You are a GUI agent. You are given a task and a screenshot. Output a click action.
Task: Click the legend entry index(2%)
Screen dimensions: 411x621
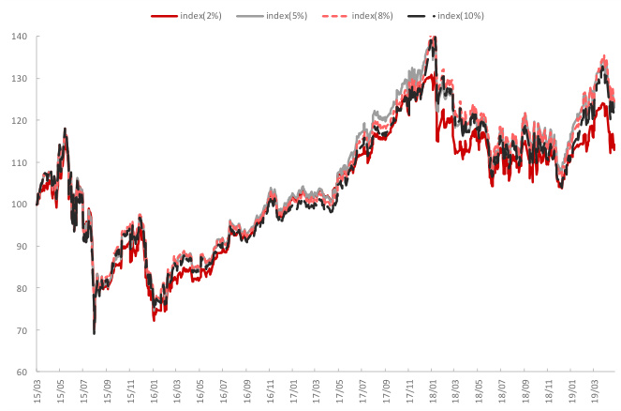pos(200,16)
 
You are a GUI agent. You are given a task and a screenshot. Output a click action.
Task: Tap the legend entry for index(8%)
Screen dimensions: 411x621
pos(374,16)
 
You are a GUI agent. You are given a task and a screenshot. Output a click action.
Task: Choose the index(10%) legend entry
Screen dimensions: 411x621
pos(462,16)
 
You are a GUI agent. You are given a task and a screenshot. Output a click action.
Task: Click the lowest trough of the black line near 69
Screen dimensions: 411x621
pos(95,333)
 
